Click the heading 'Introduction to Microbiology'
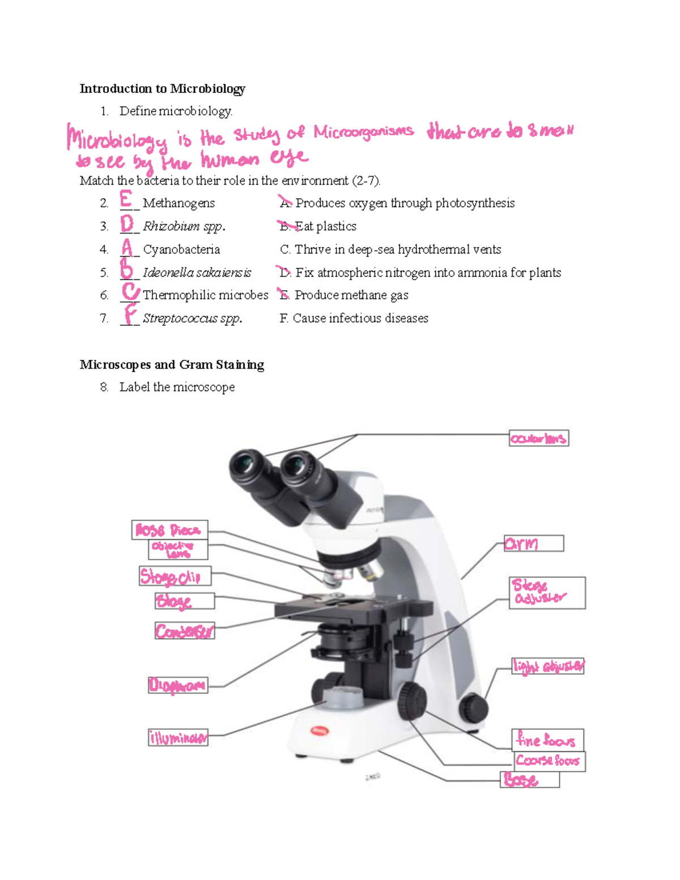click(162, 88)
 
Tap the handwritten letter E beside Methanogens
click(126, 199)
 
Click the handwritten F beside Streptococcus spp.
click(130, 314)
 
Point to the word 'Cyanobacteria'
click(181, 249)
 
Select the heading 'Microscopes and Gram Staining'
click(172, 364)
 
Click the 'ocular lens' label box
click(538, 439)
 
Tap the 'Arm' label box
click(534, 543)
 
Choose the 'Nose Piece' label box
click(169, 530)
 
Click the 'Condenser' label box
click(185, 631)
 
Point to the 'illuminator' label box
click(178, 737)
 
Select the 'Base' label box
click(531, 780)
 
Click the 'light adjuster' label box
click(548, 666)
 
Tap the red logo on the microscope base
click(320, 731)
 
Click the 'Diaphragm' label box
click(178, 686)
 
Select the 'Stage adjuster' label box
click(547, 593)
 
